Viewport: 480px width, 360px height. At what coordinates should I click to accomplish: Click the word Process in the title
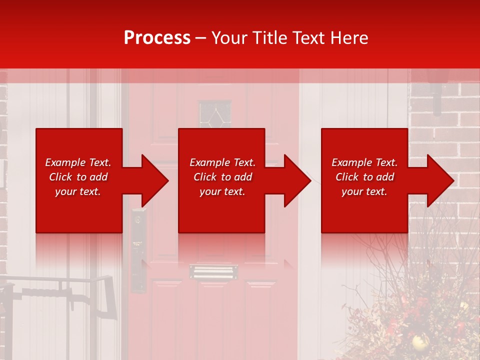point(157,37)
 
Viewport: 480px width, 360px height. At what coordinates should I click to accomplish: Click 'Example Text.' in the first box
point(78,162)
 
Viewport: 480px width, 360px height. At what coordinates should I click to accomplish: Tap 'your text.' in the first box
point(78,191)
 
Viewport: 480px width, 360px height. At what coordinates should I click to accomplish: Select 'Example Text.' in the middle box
point(222,162)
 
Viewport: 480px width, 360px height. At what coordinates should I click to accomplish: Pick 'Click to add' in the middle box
point(222,177)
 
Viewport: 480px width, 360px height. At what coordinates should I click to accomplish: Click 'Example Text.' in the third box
point(364,162)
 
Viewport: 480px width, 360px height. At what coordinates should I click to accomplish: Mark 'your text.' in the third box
point(364,191)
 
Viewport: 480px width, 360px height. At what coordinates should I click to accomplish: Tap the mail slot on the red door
point(213,272)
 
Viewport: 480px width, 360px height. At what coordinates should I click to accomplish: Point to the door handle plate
point(138,250)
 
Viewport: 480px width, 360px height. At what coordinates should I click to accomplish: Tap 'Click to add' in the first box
point(78,177)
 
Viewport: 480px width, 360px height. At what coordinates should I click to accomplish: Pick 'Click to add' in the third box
point(364,177)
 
